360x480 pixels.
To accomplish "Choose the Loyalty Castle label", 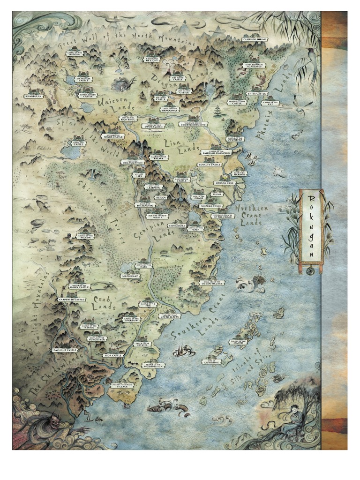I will [x=210, y=165].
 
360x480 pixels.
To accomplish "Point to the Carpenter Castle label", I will [x=72, y=299].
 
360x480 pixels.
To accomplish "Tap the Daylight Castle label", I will [x=65, y=350].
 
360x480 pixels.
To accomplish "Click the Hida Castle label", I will [x=113, y=355].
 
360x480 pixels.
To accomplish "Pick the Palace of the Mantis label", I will [x=239, y=342].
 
